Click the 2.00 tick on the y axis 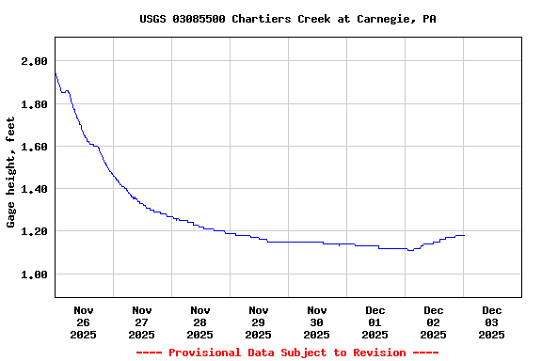(x=34, y=61)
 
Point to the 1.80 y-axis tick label (x=34, y=104)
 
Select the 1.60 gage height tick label (x=34, y=147)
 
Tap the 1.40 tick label (x=34, y=189)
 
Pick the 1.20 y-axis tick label (x=34, y=231)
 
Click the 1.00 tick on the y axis (x=34, y=275)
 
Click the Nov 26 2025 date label (x=84, y=322)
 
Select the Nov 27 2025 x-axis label (x=142, y=322)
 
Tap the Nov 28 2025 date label (x=200, y=322)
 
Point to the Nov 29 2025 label (x=259, y=322)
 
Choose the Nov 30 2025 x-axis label (x=317, y=322)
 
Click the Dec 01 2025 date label (x=375, y=322)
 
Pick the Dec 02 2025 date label (x=434, y=322)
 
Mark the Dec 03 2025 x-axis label (x=492, y=322)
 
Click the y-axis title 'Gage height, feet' (x=11, y=172)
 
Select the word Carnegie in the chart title (x=383, y=19)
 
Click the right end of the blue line (x=464, y=235)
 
